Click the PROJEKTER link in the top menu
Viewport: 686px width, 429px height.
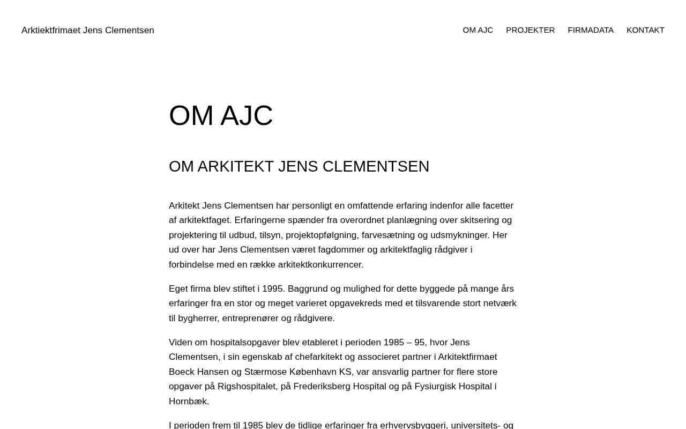pyautogui.click(x=530, y=30)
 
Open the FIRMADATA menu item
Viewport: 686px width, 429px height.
pyautogui.click(x=590, y=30)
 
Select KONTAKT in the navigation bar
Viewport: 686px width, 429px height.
pyautogui.click(x=645, y=30)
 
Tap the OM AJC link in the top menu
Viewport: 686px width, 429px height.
pyautogui.click(x=478, y=30)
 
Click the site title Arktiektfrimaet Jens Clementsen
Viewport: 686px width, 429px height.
pyautogui.click(x=88, y=30)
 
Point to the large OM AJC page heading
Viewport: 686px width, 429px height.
pyautogui.click(x=221, y=116)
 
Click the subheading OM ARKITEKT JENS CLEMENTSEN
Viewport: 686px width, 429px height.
pyautogui.click(x=299, y=166)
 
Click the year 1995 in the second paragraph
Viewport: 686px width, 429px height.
pyautogui.click(x=273, y=289)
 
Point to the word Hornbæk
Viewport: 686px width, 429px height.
pyautogui.click(x=188, y=401)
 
